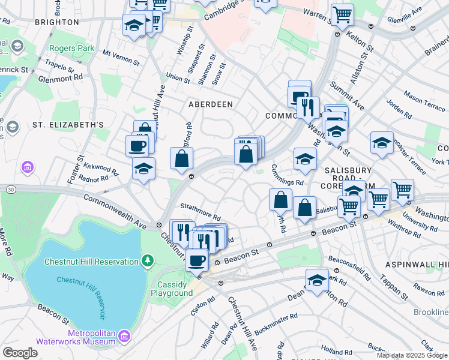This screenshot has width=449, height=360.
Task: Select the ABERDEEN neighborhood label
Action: point(210,104)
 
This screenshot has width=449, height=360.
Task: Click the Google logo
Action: point(20,353)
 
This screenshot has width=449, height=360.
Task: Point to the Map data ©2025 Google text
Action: point(412,355)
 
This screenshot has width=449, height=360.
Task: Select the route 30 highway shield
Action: point(11,190)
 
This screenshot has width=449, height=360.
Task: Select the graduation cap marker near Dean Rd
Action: point(317,280)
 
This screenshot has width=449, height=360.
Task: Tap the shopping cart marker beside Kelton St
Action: point(342,14)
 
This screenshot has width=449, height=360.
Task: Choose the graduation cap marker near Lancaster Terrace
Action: point(382,143)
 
